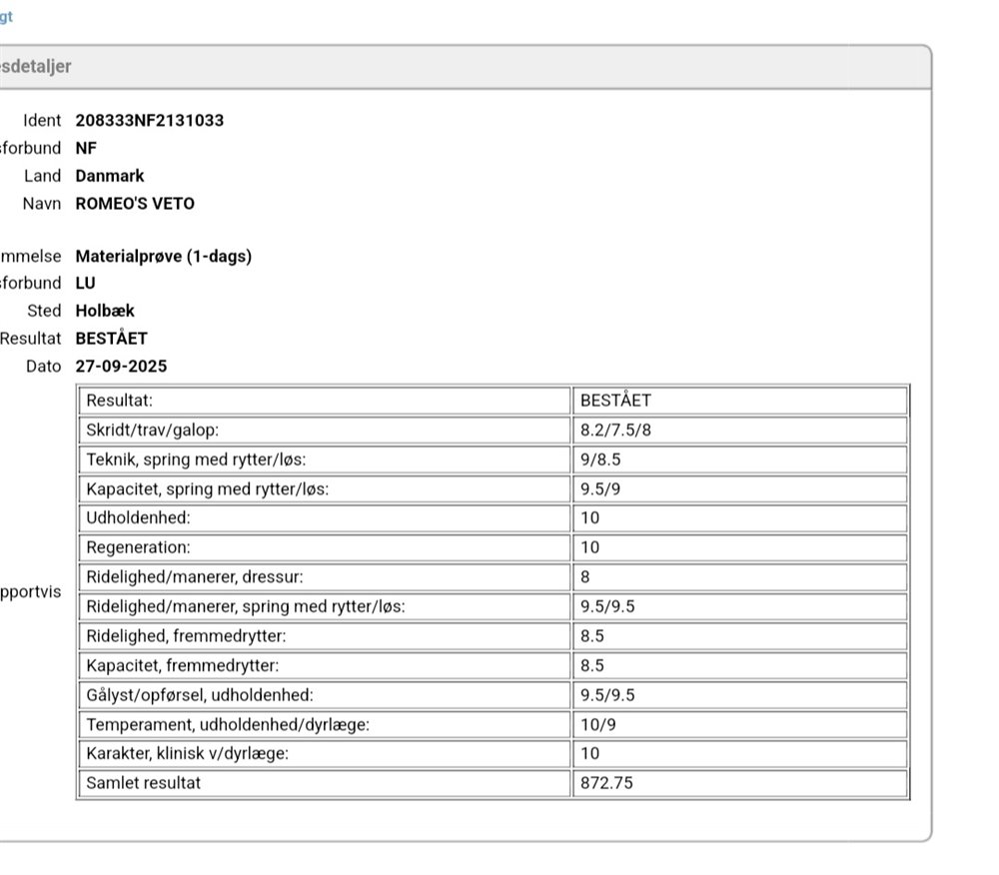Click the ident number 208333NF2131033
click(150, 121)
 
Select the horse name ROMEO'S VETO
click(135, 204)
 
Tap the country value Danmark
click(110, 176)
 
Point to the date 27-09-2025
click(121, 367)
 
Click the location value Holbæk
click(105, 311)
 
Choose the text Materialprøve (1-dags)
click(164, 257)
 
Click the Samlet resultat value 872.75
click(606, 783)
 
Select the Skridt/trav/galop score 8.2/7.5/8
click(616, 431)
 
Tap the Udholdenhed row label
click(138, 518)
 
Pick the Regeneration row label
click(138, 547)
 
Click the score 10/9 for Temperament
click(598, 725)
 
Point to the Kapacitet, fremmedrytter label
click(183, 665)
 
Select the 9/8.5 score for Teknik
click(602, 460)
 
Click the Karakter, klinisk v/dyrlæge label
click(188, 754)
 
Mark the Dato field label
click(44, 367)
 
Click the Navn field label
click(42, 204)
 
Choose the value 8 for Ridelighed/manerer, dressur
click(585, 577)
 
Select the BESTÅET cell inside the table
click(615, 401)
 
